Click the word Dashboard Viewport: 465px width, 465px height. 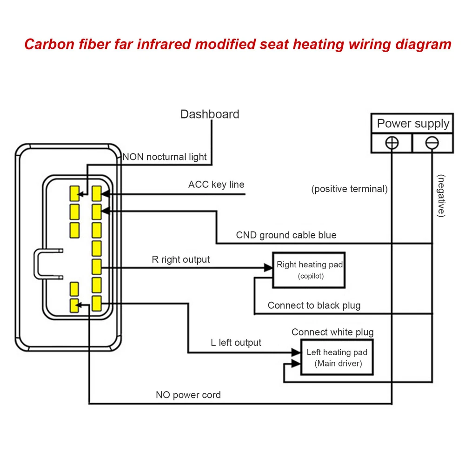(210, 114)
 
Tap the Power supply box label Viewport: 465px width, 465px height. (413, 124)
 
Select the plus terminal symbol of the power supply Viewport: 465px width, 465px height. (392, 143)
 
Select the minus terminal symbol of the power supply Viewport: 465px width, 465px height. (432, 143)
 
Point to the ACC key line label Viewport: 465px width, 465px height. (216, 185)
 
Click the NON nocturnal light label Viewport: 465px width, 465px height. (165, 157)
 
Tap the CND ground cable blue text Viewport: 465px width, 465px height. (286, 235)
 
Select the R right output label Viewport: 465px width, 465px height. (181, 259)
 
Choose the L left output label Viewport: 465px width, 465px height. (236, 343)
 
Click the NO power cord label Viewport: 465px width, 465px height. (188, 395)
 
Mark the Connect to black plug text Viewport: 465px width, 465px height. (314, 306)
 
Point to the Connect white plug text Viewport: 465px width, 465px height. (332, 332)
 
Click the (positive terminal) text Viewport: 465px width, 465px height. (349, 189)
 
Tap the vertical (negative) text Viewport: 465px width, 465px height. (441, 196)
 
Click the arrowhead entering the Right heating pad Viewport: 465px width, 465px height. (268, 268)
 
